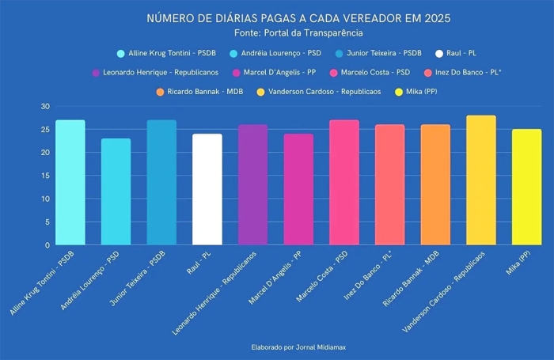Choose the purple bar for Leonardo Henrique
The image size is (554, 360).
coord(253,185)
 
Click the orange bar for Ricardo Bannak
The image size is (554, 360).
coord(435,185)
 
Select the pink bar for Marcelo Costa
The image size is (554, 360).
coord(344,183)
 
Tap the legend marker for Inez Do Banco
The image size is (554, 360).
coord(427,73)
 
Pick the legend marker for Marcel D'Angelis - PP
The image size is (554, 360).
coord(237,73)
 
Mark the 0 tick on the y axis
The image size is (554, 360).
coord(47,245)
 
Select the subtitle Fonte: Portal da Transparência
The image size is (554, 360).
coord(299,33)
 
